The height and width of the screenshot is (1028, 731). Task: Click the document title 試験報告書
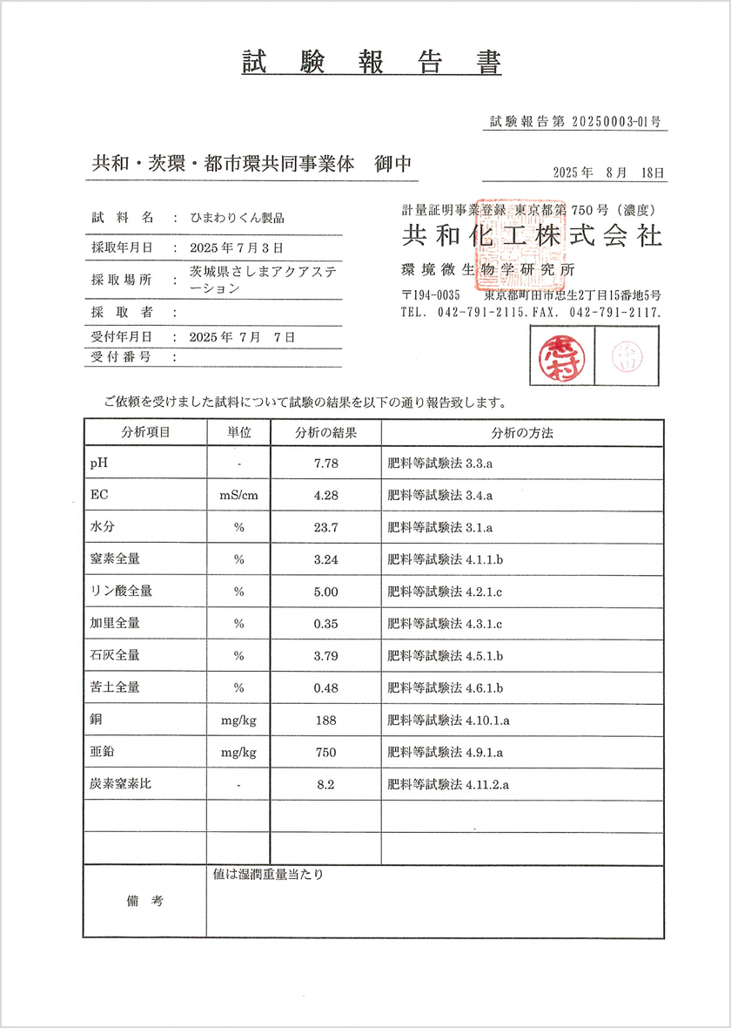tap(371, 64)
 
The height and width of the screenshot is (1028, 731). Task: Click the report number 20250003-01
tap(611, 123)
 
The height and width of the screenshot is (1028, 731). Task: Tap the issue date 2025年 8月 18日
tap(608, 172)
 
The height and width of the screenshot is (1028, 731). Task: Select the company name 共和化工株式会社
tap(531, 236)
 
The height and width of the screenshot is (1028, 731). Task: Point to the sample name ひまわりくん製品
tap(238, 218)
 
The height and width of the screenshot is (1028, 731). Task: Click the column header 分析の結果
tap(325, 432)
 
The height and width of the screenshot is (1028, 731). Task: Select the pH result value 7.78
tap(325, 463)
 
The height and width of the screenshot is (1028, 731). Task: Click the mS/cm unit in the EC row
tap(238, 496)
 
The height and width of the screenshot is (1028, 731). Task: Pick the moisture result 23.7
tap(325, 527)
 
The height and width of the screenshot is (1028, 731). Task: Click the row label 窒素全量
tap(115, 558)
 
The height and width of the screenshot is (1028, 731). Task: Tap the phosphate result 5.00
tap(325, 592)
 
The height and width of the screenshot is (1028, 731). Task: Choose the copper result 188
tap(325, 720)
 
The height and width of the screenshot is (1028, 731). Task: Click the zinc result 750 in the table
tap(325, 752)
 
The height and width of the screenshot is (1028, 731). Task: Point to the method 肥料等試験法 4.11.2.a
tap(447, 784)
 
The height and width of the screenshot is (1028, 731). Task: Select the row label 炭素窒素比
tap(121, 783)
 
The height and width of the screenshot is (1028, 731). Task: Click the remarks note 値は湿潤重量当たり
tap(267, 874)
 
